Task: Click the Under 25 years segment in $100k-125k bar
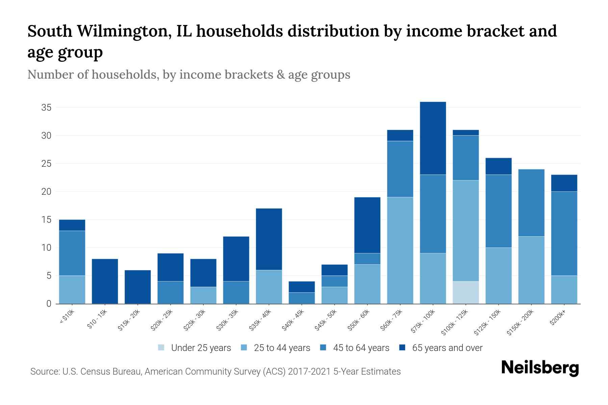coord(465,292)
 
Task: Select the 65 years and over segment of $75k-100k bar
coord(433,138)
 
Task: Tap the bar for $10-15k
coord(105,281)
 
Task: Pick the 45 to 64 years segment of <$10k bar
coord(72,253)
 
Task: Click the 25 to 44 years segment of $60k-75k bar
coord(400,250)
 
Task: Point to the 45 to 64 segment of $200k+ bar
coord(564,234)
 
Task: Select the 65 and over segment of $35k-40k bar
coord(269,239)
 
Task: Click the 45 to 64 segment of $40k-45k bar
coord(302,298)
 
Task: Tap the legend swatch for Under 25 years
coord(161,348)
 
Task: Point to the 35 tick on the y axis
coord(46,108)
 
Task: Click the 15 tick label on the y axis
coord(46,220)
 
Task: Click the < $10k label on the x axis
coord(67,317)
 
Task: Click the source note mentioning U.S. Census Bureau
coord(215,372)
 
